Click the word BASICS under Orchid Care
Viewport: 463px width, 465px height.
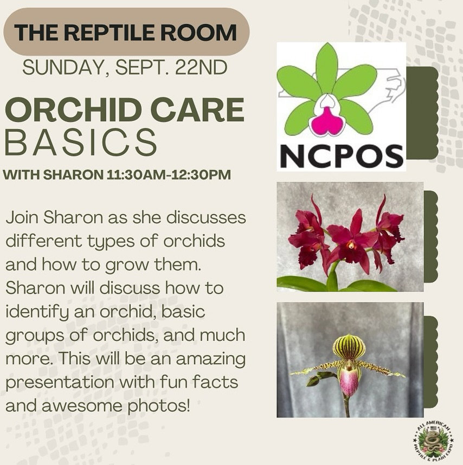click(81, 142)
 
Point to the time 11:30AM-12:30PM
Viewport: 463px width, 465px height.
click(168, 175)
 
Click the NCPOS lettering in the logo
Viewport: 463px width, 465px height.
click(341, 156)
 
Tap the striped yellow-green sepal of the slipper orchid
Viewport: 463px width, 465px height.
click(349, 347)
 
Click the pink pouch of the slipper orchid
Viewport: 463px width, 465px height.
click(349, 382)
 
